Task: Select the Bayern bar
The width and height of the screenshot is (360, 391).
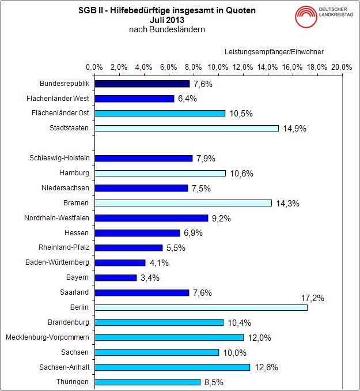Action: click(x=115, y=277)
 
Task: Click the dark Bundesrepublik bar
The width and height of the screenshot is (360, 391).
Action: click(x=142, y=84)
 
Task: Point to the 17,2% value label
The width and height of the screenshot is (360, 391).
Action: click(x=313, y=298)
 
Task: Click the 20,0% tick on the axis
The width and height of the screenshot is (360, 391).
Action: click(x=342, y=67)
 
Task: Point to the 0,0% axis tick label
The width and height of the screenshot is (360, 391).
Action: click(x=94, y=67)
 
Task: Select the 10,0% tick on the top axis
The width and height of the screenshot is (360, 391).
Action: click(x=218, y=67)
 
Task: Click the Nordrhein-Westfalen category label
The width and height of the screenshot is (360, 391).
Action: click(x=56, y=218)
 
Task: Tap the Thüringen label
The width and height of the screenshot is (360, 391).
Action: click(x=73, y=382)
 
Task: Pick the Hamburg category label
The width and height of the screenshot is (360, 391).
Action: click(x=74, y=173)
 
